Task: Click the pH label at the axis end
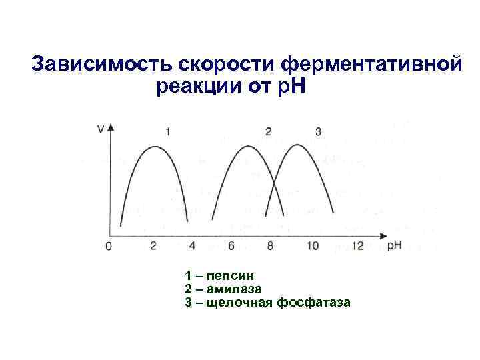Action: [395, 245]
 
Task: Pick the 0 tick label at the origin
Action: [109, 247]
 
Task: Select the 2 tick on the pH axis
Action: [153, 246]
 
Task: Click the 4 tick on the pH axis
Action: [193, 246]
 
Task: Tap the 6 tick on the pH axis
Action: [231, 246]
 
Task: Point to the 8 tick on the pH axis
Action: [270, 246]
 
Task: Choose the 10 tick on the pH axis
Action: [313, 246]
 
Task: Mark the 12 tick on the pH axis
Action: [357, 246]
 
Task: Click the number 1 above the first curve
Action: [167, 131]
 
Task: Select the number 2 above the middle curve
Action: [268, 131]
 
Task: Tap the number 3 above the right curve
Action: [318, 131]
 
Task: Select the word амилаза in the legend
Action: [234, 289]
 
